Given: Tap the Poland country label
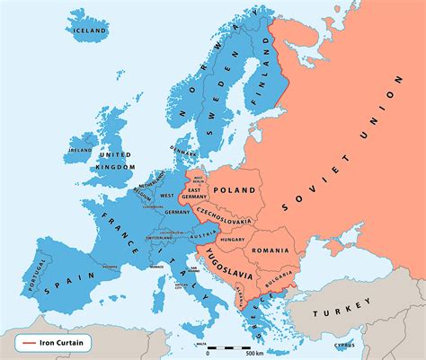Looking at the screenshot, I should coord(235,190).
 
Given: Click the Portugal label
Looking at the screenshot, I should coord(38,275).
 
